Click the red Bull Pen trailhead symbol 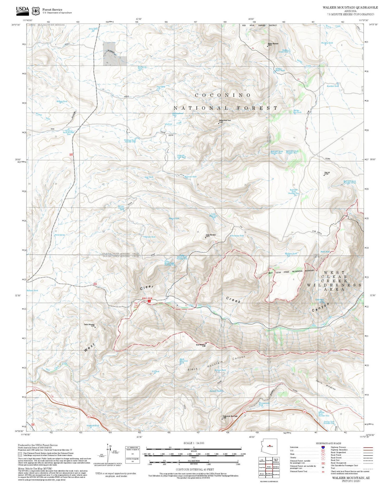pyautogui.click(x=149, y=301)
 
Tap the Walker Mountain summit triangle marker pyautogui.click(x=268, y=46)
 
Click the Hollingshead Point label pyautogui.click(x=225, y=121)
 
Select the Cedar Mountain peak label pyautogui.click(x=211, y=235)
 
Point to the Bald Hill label pyautogui.click(x=327, y=172)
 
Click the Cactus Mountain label pyautogui.click(x=89, y=324)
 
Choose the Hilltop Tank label pyautogui.click(x=62, y=101)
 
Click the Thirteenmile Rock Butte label pyautogui.click(x=230, y=416)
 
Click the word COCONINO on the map pyautogui.click(x=223, y=95)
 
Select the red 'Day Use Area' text pyautogui.click(x=136, y=305)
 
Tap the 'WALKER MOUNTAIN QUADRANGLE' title pyautogui.click(x=350, y=8)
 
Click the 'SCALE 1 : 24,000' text pyautogui.click(x=194, y=443)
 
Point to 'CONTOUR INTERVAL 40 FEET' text pyautogui.click(x=195, y=469)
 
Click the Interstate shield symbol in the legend pyautogui.click(x=323, y=447)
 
